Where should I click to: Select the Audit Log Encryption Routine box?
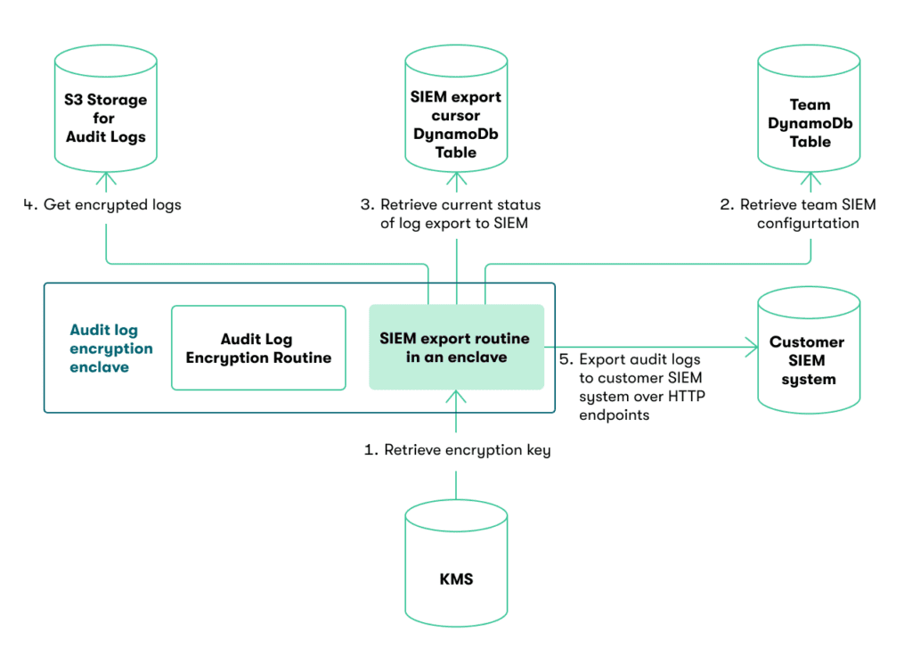258,349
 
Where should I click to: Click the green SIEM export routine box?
456,348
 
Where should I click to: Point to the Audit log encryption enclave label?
111,349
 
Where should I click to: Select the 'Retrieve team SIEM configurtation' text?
808,214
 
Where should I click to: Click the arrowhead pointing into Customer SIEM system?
750,349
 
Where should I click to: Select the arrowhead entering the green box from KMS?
456,398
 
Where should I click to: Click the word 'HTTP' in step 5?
685,397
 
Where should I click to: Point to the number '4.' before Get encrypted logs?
30,205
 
